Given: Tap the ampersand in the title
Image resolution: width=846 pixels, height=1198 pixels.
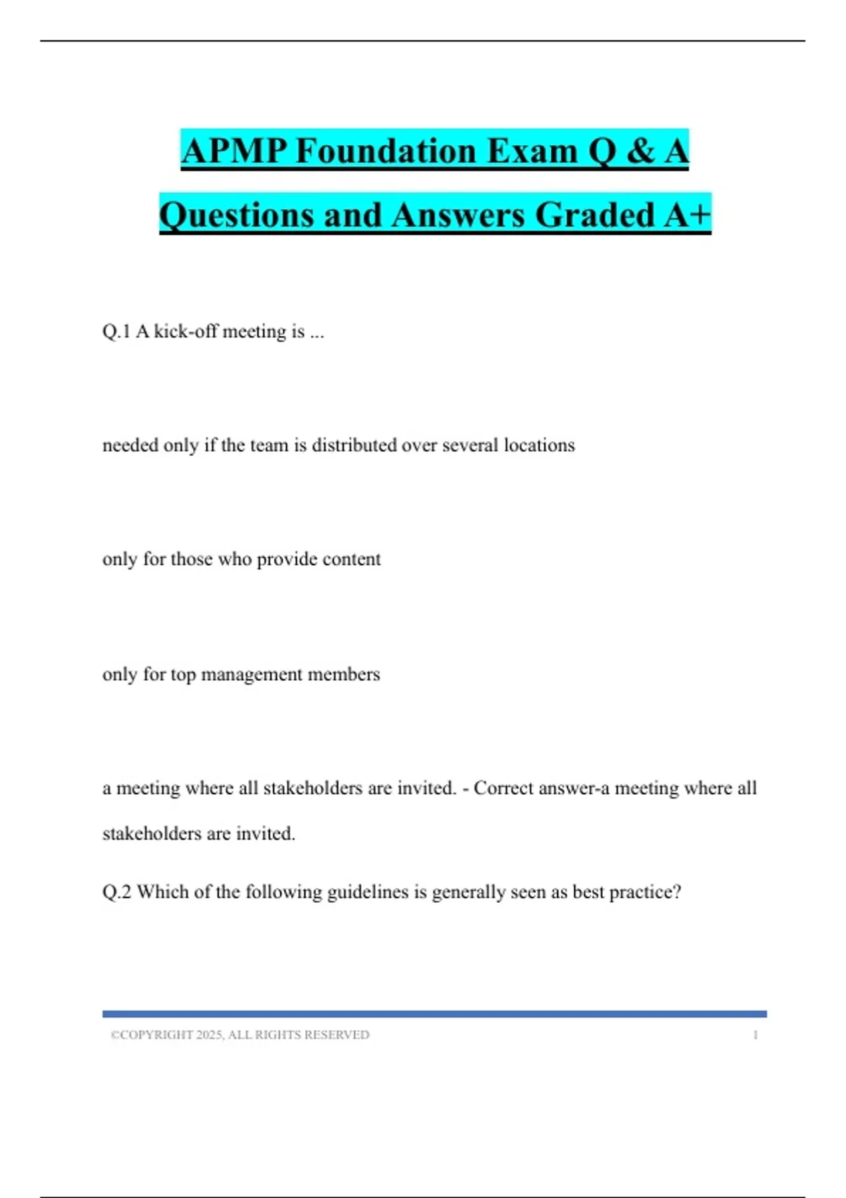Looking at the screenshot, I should click(639, 151).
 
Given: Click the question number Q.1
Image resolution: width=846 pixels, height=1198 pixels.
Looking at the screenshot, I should click(116, 331).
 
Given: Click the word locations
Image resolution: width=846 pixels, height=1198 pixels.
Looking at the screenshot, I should click(539, 445).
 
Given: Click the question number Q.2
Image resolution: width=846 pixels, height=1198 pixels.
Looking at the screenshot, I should click(117, 892).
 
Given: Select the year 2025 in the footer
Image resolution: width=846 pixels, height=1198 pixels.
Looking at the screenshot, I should click(209, 1035).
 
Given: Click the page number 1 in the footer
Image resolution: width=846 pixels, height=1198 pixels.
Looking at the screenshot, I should click(755, 1035).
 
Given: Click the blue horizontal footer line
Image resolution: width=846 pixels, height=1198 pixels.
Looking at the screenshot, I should click(434, 1014).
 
